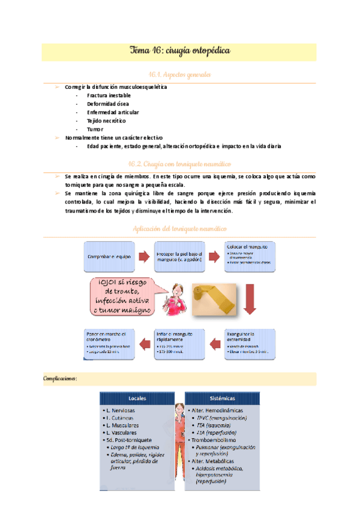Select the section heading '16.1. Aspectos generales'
(179, 74)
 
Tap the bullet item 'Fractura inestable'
(109, 95)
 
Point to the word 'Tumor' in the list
(95, 129)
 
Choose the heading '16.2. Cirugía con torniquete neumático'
(179, 163)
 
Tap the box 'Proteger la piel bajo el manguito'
(179, 256)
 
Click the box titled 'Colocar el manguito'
(250, 256)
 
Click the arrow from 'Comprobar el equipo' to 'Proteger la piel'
(143, 257)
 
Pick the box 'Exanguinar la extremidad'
(250, 344)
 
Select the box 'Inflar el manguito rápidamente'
(179, 344)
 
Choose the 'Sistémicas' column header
(218, 398)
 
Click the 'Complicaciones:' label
(61, 379)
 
